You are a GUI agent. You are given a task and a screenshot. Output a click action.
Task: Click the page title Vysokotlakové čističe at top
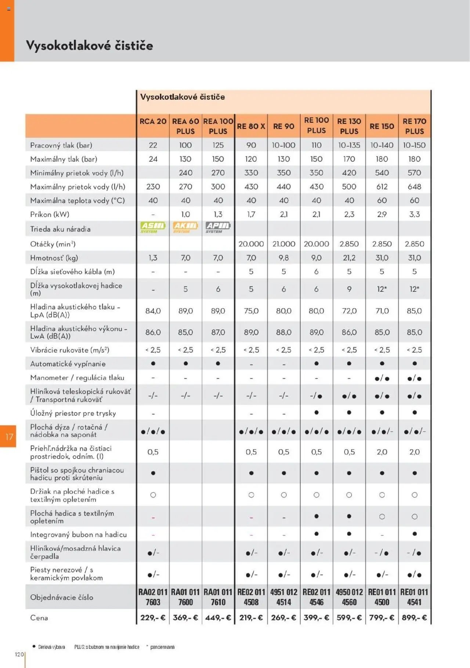point(89,46)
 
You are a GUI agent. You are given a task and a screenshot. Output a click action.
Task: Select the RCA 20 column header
point(153,121)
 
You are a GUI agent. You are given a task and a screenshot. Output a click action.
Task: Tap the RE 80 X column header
point(251,126)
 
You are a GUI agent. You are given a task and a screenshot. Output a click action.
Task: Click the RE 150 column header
point(382,126)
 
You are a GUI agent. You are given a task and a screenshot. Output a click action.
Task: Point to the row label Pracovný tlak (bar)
point(61,145)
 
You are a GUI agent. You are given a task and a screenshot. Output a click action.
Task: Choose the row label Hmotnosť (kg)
point(54,258)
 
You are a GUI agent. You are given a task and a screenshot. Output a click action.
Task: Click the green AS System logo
point(153,227)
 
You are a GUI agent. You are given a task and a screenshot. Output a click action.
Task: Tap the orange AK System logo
point(185,227)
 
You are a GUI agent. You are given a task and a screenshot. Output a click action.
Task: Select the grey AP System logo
point(218,227)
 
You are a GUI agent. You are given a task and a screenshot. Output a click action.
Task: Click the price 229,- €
point(153,618)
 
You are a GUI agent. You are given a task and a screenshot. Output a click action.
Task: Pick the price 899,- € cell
point(414,618)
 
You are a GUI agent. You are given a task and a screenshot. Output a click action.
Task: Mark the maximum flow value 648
point(414,187)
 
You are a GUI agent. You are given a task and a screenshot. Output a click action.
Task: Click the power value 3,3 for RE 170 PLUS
point(414,214)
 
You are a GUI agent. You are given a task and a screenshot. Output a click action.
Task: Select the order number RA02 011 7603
point(153,597)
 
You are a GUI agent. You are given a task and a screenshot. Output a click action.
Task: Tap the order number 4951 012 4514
point(283,597)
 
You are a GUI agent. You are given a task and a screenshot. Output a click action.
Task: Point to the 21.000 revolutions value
point(283,244)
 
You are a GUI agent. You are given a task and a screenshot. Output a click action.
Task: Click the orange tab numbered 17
point(8,437)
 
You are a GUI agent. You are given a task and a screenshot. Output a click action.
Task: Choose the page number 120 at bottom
point(19,654)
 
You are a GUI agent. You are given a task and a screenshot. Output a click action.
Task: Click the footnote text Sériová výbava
point(51,647)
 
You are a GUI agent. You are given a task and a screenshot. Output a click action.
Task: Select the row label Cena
point(39,618)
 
